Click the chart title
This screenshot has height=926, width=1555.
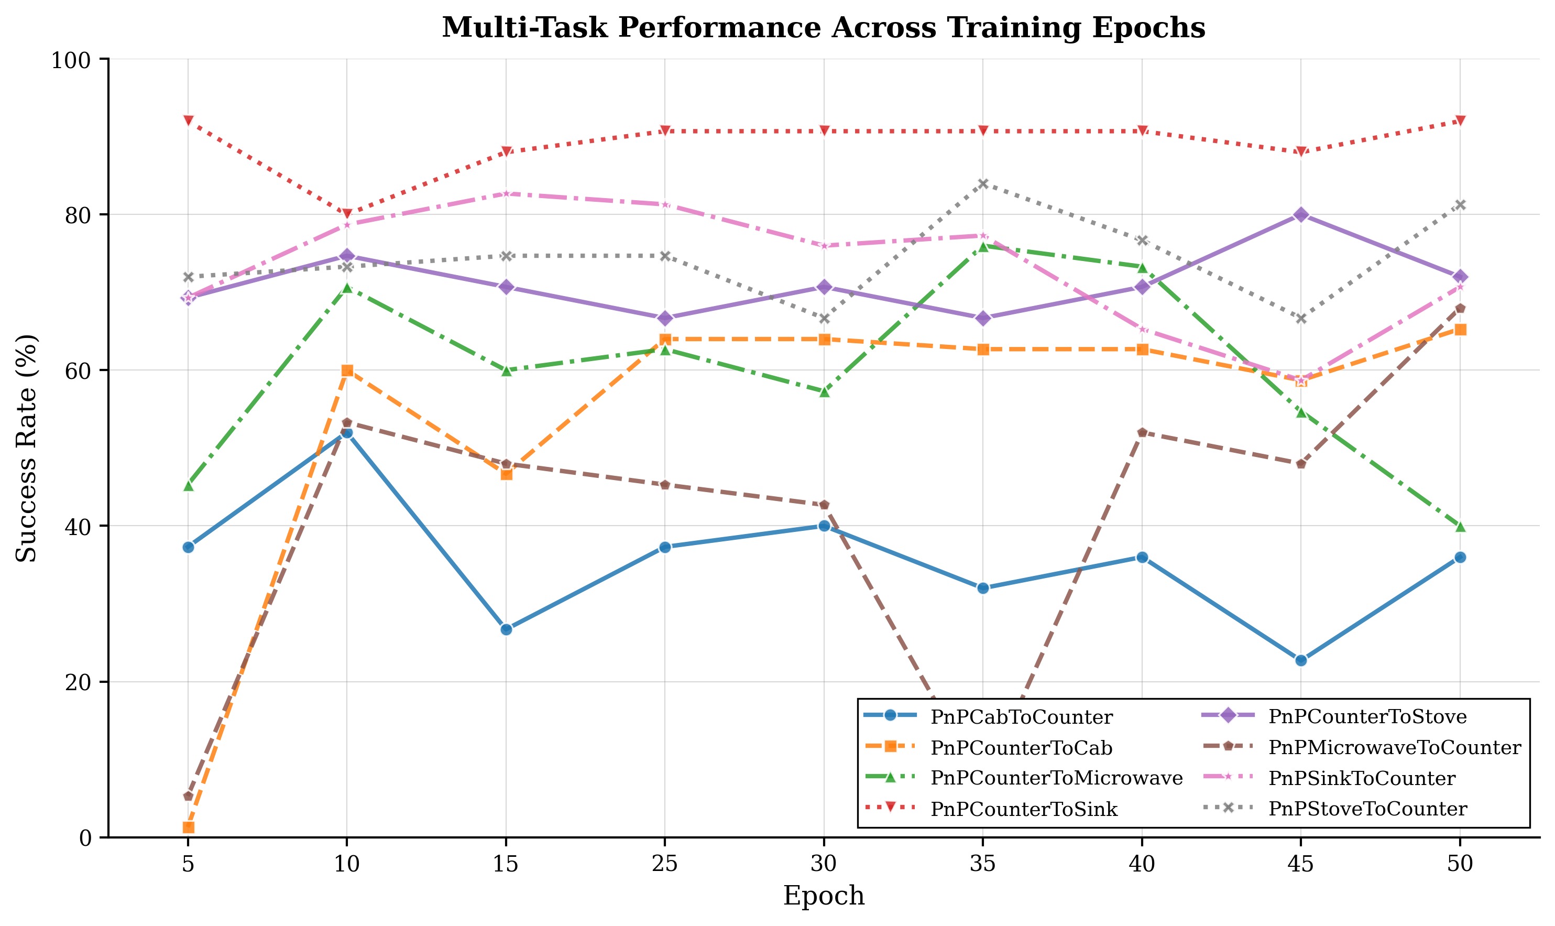(x=824, y=28)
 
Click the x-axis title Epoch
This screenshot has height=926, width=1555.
(x=824, y=896)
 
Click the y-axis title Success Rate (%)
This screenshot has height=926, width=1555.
(x=27, y=448)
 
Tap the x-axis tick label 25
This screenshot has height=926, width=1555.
(x=664, y=864)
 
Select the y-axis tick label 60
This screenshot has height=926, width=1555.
(x=78, y=371)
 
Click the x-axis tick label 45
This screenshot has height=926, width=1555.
(x=1300, y=864)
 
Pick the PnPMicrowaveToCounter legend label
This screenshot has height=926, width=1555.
(x=1395, y=747)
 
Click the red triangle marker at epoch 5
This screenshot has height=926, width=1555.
(x=188, y=121)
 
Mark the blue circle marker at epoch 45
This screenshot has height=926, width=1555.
(x=1300, y=660)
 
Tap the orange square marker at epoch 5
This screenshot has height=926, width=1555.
(x=188, y=827)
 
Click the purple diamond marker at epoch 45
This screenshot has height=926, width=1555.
(x=1300, y=215)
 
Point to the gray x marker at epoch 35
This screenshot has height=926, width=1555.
(x=982, y=183)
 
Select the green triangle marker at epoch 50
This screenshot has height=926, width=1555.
(x=1460, y=527)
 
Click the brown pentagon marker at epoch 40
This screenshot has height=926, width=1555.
(x=1142, y=432)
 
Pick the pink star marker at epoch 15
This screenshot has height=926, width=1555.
(x=506, y=193)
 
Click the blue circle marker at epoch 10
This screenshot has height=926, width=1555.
(x=347, y=432)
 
